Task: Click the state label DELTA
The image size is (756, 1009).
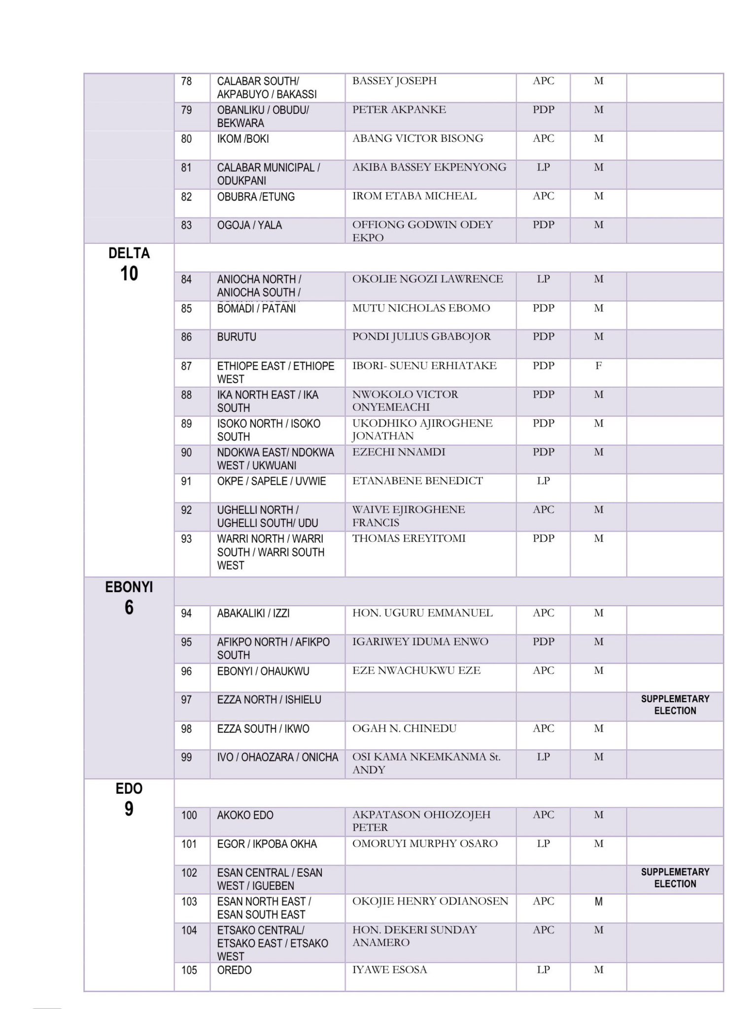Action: (129, 253)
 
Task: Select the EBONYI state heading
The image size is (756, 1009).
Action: (129, 587)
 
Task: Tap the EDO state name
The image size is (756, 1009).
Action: (129, 789)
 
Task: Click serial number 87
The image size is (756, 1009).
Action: (186, 366)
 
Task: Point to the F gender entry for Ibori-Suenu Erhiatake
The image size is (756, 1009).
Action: (598, 366)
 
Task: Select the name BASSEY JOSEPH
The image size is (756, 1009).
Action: (394, 81)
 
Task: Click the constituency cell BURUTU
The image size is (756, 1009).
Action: (237, 337)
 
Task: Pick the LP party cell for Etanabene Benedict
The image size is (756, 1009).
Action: (543, 481)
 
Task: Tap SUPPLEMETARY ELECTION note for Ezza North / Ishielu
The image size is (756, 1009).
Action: (675, 705)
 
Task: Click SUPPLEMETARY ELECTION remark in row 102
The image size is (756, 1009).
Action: (675, 877)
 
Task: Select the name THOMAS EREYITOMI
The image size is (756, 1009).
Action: (409, 538)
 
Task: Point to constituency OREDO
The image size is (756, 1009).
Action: (234, 970)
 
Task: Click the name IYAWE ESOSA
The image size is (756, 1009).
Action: (389, 970)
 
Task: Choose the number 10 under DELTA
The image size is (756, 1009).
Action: (129, 273)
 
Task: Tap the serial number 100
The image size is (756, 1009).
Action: (189, 815)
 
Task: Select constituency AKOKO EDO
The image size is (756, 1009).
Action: (245, 815)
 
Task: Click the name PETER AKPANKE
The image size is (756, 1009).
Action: (399, 109)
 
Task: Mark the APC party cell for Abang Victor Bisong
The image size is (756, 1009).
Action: (543, 138)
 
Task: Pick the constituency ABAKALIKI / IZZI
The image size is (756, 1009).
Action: (253, 613)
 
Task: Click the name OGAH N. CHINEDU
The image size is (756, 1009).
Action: (404, 728)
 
